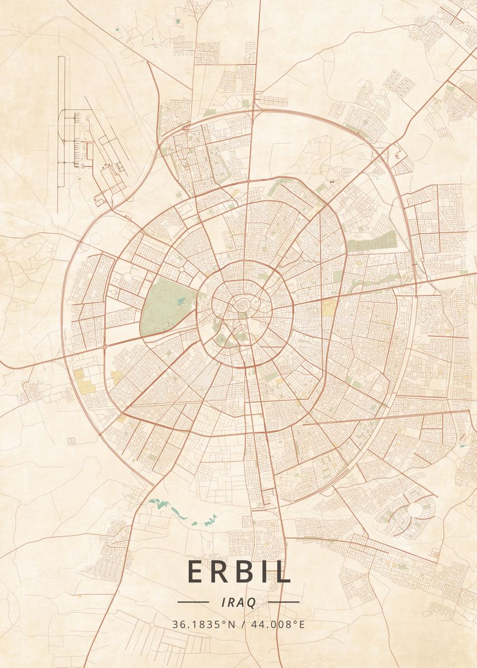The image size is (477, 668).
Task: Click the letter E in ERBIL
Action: (x=197, y=571)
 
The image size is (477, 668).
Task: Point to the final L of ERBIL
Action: (x=283, y=571)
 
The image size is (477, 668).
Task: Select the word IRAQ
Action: (x=238, y=602)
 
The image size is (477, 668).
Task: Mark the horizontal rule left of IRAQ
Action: (x=193, y=602)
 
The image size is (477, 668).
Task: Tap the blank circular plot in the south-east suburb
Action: (x=416, y=509)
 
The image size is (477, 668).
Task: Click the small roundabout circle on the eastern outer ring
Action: (x=421, y=260)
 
